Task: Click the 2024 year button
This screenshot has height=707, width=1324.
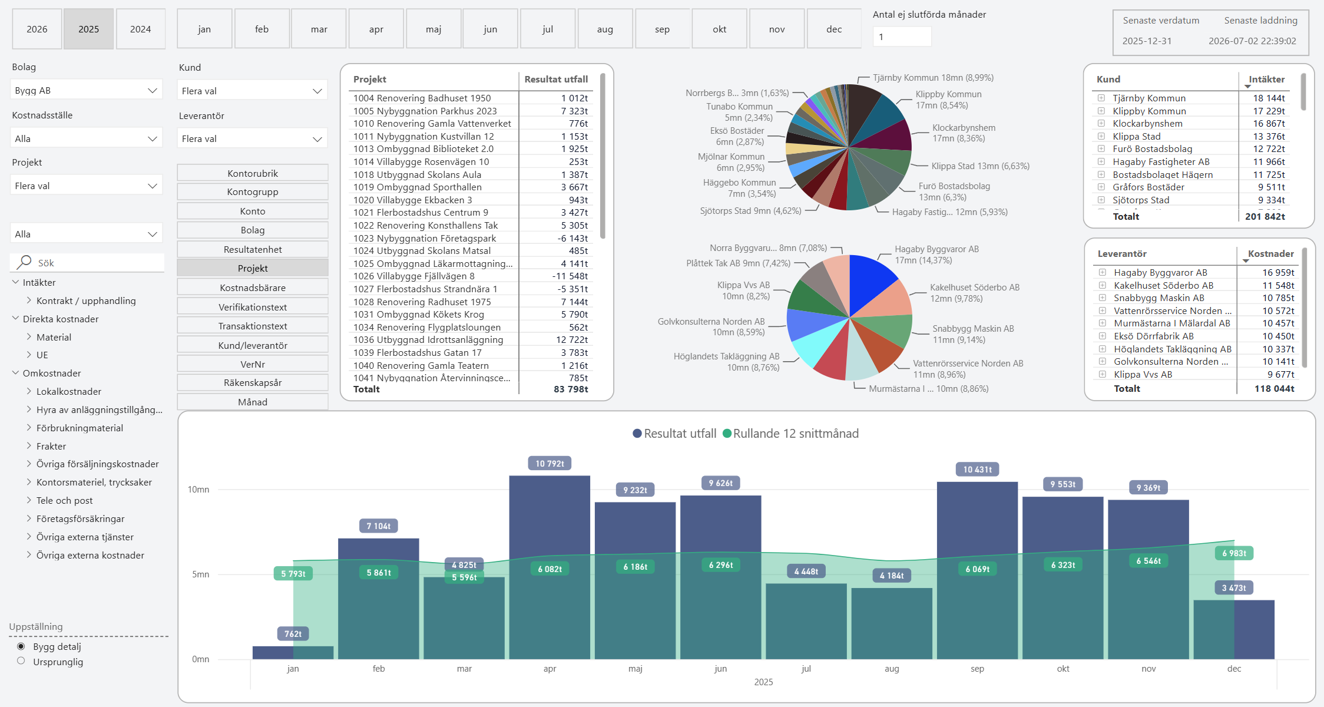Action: point(141,29)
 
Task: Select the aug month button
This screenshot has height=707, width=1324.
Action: point(605,29)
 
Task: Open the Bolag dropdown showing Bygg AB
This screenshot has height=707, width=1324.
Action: point(87,90)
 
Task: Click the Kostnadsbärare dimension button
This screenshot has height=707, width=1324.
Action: point(253,288)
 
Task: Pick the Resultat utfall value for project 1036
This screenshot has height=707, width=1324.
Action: point(572,340)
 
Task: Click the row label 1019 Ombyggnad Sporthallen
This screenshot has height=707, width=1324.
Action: point(418,187)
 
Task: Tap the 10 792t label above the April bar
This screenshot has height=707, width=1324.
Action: point(550,464)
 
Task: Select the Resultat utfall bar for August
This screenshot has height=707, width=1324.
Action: point(892,623)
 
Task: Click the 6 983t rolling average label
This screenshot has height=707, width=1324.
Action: point(1234,553)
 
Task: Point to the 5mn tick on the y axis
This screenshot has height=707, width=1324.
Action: point(200,574)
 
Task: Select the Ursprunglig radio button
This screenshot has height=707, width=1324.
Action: point(21,661)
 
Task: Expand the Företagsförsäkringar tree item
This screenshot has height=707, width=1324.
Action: point(29,518)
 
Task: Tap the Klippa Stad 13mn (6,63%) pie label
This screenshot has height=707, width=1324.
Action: point(981,166)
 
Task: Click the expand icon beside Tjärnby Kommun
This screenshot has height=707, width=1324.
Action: point(1101,98)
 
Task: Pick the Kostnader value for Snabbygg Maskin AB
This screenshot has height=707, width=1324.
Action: point(1278,298)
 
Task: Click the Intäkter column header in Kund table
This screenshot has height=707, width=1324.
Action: point(1267,80)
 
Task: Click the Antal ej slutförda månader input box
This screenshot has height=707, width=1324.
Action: point(902,37)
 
